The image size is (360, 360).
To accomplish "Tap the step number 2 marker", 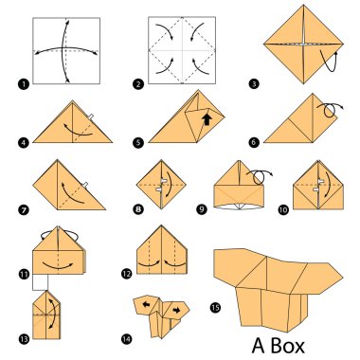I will [139, 84].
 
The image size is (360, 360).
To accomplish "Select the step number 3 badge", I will [255, 84].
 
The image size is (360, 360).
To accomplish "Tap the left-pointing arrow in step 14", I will [148, 306].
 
